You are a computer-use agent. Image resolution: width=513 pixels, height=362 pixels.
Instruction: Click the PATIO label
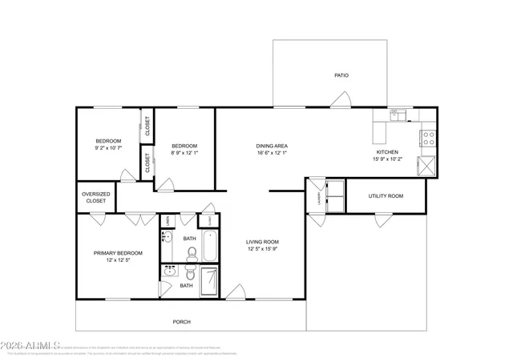pos(341,75)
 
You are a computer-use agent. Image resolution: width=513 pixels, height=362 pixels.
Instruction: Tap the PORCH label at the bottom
pos(182,322)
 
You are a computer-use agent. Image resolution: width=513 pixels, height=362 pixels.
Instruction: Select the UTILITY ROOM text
pos(386,195)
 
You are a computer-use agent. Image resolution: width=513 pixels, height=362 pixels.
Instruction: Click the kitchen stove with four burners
pos(429,137)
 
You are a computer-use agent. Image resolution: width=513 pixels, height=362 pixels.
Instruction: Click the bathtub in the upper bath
pos(209,246)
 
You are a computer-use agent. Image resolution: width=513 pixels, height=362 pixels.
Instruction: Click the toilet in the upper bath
pos(192,254)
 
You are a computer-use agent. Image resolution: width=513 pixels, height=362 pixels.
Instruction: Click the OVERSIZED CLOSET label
pos(95,198)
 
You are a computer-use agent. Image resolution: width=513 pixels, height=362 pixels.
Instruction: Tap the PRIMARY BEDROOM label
pos(115,253)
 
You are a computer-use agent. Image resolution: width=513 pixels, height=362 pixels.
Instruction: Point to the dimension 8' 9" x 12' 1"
pos(184,152)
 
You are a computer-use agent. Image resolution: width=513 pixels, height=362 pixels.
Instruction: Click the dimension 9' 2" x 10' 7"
pos(108,147)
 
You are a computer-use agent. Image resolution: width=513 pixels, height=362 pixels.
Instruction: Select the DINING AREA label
pos(272,146)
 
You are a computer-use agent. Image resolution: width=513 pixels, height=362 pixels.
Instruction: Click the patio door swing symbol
pos(342,99)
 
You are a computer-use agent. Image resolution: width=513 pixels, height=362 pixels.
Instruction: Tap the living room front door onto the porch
pos(235,292)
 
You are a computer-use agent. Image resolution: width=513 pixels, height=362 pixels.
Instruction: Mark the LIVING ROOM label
pos(262,241)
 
